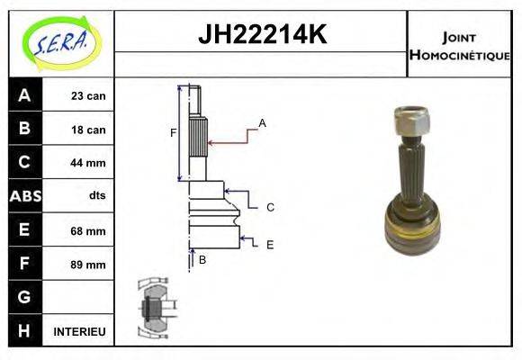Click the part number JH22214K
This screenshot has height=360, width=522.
261,35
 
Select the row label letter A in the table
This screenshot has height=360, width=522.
24,95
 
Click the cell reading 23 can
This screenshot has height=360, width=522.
87,96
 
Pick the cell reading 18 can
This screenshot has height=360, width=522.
87,130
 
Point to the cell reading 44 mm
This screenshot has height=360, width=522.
87,163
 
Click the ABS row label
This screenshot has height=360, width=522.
24,196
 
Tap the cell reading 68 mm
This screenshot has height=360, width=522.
87,230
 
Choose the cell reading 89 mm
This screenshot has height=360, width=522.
87,265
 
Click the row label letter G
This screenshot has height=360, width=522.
24,297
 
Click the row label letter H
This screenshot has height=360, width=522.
24,330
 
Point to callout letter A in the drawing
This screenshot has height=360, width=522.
262,122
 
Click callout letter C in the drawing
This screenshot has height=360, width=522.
269,207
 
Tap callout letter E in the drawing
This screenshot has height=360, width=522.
269,244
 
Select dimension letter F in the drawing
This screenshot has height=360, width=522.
173,134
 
